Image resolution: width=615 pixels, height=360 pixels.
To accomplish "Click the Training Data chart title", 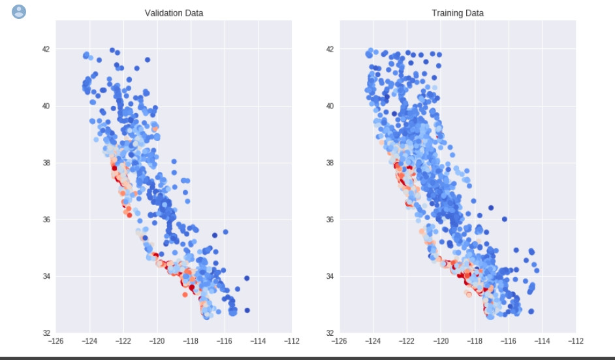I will pyautogui.click(x=458, y=13).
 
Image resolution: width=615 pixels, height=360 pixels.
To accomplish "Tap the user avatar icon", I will pyautogui.click(x=20, y=11).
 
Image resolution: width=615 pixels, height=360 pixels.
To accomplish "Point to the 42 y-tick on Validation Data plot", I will pyautogui.click(x=46, y=49).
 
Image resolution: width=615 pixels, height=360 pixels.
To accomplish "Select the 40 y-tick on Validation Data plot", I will pyautogui.click(x=46, y=106).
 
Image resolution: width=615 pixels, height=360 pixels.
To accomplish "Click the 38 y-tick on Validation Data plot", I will pyautogui.click(x=46, y=163).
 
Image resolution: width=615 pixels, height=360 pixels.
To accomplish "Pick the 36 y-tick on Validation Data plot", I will pyautogui.click(x=46, y=220).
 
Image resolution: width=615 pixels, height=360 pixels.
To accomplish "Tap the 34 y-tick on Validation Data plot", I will pyautogui.click(x=46, y=276).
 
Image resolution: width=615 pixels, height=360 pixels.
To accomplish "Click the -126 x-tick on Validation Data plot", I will pyautogui.click(x=56, y=341).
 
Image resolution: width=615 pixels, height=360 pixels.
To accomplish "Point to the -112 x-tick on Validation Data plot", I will pyautogui.click(x=292, y=341).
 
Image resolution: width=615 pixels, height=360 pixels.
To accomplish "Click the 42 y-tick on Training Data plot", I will pyautogui.click(x=330, y=49).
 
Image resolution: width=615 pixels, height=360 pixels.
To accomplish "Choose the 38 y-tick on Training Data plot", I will pyautogui.click(x=330, y=163).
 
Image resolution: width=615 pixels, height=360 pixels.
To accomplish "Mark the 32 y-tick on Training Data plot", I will pyautogui.click(x=330, y=333).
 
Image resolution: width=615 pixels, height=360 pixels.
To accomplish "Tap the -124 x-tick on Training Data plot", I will pyautogui.click(x=373, y=341).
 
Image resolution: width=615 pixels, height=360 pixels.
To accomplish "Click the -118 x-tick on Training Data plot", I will pyautogui.click(x=475, y=341).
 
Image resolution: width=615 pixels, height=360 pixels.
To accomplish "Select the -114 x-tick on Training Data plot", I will pyautogui.click(x=542, y=341).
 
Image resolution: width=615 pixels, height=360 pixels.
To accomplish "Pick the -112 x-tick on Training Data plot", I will pyautogui.click(x=576, y=341).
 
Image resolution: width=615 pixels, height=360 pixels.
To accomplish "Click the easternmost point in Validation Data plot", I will pyautogui.click(x=247, y=310).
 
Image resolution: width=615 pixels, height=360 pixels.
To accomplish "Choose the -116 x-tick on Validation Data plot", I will pyautogui.click(x=225, y=341).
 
